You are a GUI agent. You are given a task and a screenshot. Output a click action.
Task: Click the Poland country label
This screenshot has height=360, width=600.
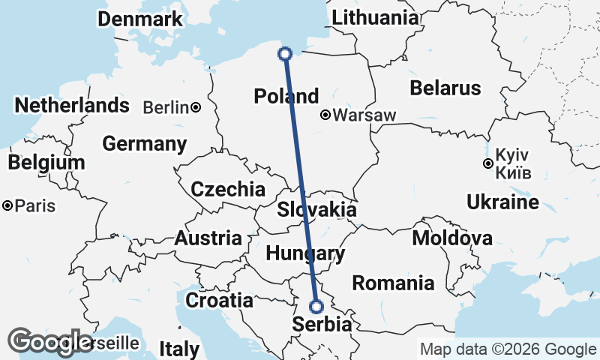coord(286,97)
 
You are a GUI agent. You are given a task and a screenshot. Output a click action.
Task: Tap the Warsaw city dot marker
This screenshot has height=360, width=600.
coord(325,115)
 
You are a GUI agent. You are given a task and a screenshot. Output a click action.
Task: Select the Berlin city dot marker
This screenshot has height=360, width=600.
coord(196,108)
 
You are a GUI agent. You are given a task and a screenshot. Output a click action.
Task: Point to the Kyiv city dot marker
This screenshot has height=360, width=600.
coord(488,163)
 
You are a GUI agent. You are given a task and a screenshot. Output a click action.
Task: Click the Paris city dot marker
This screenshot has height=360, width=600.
coord(7,205)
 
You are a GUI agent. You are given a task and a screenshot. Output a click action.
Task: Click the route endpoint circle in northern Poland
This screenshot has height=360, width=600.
coord(285,53)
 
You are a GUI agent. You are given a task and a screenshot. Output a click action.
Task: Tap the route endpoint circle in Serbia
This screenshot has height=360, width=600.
coord(316,306)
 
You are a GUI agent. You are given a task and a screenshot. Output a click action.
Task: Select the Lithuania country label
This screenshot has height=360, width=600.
coord(376,18)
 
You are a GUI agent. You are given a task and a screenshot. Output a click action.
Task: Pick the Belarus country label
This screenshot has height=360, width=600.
coord(445,88)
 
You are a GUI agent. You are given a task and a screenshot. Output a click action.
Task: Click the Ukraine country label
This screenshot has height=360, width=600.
coord(502,202)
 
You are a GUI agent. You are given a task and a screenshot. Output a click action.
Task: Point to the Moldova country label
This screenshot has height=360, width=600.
coord(452,239)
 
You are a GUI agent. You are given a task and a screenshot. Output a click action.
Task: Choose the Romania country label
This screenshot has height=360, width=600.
coord(393,283)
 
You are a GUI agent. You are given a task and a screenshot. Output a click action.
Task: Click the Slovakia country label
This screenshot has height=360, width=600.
coord(316,210)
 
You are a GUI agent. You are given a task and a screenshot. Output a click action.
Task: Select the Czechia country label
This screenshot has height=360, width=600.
coord(228,190)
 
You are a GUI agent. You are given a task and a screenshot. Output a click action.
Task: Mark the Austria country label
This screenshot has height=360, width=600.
coord(208,239)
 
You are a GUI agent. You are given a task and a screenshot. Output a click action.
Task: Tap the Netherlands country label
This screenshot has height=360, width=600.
coord(72,106)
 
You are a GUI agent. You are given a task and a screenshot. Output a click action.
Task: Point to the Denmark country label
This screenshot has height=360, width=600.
coord(141,19)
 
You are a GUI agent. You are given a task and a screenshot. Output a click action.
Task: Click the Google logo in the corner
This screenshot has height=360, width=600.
coord(50,342)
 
